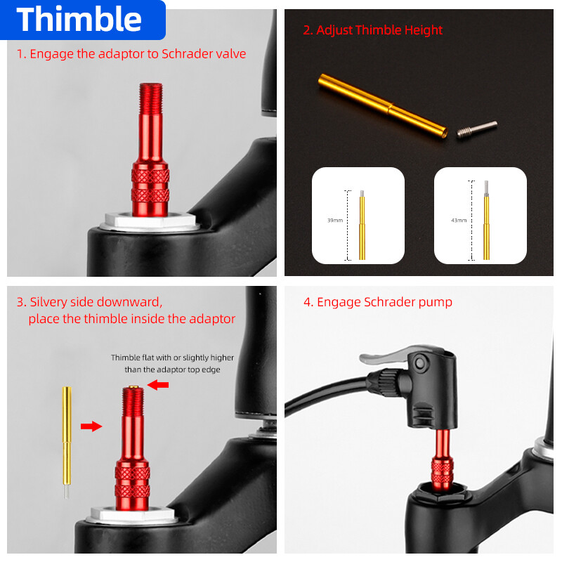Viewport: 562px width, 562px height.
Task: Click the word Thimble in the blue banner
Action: click(79, 20)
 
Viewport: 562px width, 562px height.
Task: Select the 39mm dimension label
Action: click(335, 221)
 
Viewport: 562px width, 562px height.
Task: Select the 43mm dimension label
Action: click(459, 221)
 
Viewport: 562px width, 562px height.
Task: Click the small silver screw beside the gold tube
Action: click(477, 129)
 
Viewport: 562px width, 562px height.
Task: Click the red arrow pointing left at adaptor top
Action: click(157, 385)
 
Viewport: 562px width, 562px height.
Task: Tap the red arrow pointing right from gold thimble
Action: click(91, 426)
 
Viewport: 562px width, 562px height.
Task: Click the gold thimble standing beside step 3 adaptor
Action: click(67, 443)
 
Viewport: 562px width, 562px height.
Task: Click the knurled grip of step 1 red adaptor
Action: click(150, 185)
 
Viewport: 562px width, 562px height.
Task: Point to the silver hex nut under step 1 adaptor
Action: click(150, 221)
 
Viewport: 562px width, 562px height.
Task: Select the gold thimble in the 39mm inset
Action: click(362, 225)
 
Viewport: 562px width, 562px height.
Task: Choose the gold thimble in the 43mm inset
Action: click(486, 221)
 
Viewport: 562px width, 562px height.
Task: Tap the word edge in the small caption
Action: click(211, 370)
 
